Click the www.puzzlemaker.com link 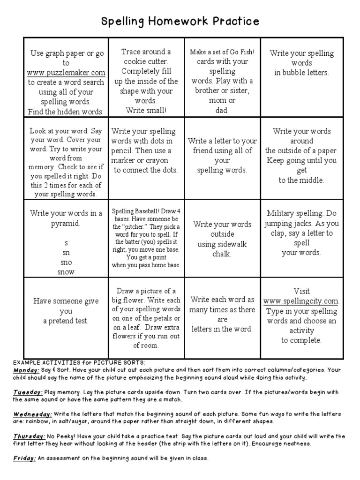pyautogui.click(x=66, y=73)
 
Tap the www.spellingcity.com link pyautogui.click(x=301, y=301)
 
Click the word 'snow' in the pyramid pyautogui.click(x=66, y=271)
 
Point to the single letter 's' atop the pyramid pyautogui.click(x=66, y=243)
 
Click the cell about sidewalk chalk pyautogui.click(x=222, y=239)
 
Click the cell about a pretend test pyautogui.click(x=66, y=311)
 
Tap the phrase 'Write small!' pyautogui.click(x=146, y=111)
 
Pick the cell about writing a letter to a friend pyautogui.click(x=222, y=155)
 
